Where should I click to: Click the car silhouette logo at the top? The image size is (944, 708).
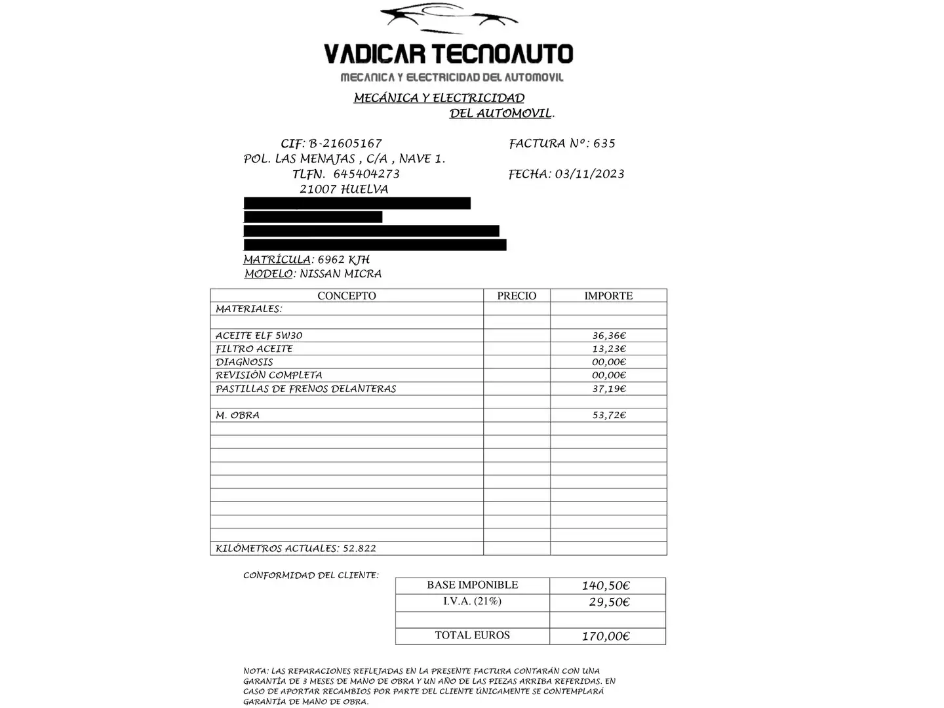[x=448, y=20]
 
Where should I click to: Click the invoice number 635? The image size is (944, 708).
[x=604, y=144]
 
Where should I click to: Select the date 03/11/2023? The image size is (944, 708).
[x=589, y=174]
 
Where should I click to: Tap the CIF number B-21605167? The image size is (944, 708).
[x=345, y=144]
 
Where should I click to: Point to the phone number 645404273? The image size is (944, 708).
[x=366, y=174]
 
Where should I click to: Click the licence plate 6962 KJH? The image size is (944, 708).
[x=344, y=260]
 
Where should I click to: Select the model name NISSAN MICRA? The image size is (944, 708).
[x=340, y=274]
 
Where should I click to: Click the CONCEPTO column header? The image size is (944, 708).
[x=347, y=296]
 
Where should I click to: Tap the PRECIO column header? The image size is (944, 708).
[x=517, y=296]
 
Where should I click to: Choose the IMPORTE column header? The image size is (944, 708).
[x=608, y=296]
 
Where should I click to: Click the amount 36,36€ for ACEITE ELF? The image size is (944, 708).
[x=609, y=336]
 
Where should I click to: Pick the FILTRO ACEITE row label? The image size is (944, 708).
[x=254, y=349]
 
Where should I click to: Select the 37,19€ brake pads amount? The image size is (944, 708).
[x=609, y=389]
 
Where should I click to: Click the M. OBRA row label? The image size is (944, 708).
[x=237, y=415]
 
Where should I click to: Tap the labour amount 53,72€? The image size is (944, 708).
[x=609, y=415]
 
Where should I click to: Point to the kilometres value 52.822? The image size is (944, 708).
[x=359, y=549]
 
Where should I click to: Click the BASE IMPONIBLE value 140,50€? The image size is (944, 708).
[x=606, y=586]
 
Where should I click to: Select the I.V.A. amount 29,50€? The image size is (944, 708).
[x=609, y=602]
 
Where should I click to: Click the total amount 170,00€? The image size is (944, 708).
[x=606, y=636]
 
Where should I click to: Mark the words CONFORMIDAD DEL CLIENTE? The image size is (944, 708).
[x=311, y=576]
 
